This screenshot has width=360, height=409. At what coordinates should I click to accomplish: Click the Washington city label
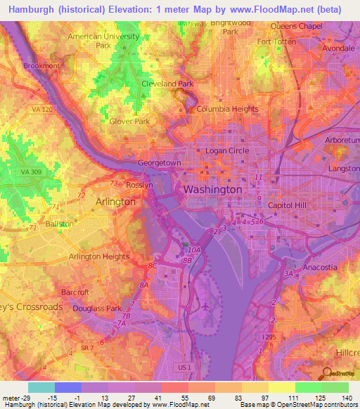[212, 190]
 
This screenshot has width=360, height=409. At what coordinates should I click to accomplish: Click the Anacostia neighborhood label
[320, 267]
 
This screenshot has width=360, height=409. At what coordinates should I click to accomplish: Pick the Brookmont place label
[41, 65]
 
